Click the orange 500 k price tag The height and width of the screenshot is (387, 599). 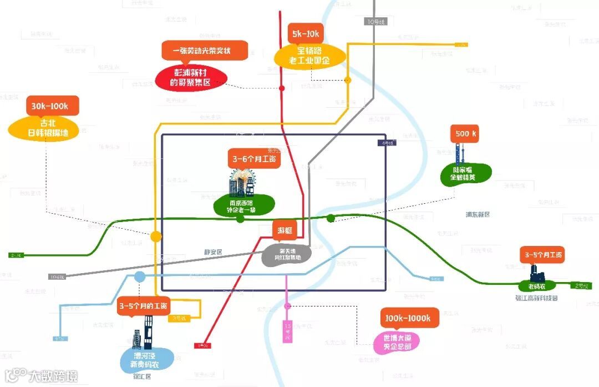click(x=464, y=134)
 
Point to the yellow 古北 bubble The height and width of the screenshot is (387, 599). click(x=44, y=128)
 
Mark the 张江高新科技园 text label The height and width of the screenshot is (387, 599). click(x=536, y=298)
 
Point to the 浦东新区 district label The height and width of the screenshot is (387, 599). click(x=478, y=214)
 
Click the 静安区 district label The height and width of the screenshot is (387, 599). click(x=212, y=252)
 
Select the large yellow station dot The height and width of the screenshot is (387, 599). click(x=156, y=236)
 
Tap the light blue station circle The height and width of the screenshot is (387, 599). click(x=140, y=277)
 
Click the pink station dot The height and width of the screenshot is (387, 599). click(x=287, y=306)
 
